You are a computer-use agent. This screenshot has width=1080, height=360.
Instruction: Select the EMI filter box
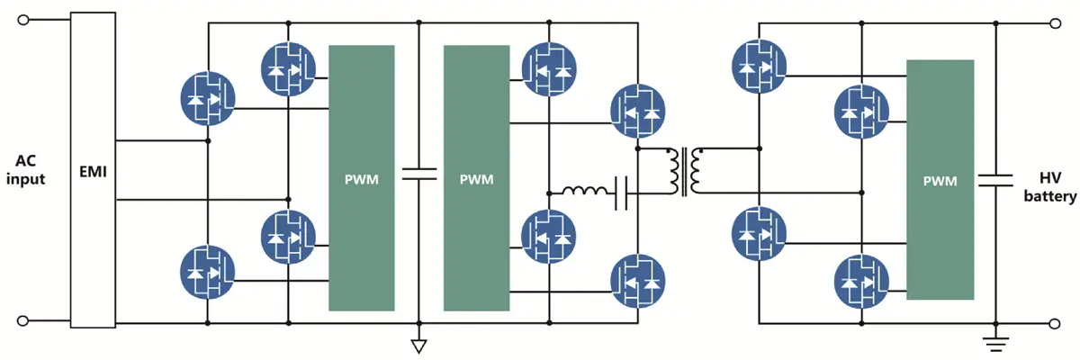[93, 170]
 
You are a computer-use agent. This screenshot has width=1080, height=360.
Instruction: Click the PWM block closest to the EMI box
[361, 177]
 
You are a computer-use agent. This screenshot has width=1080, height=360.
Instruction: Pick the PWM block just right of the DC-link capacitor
[476, 177]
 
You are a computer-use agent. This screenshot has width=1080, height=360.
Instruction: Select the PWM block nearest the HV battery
[940, 180]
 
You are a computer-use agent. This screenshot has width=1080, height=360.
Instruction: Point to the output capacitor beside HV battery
[996, 180]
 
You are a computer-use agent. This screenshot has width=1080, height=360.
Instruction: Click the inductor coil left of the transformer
[586, 191]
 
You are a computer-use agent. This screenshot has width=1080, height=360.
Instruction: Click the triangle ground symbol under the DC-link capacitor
[418, 346]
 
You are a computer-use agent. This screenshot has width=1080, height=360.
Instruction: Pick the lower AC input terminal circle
[22, 320]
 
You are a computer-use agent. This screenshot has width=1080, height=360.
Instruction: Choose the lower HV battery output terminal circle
[1058, 320]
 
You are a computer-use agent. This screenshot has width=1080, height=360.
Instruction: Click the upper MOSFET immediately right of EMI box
[208, 96]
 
